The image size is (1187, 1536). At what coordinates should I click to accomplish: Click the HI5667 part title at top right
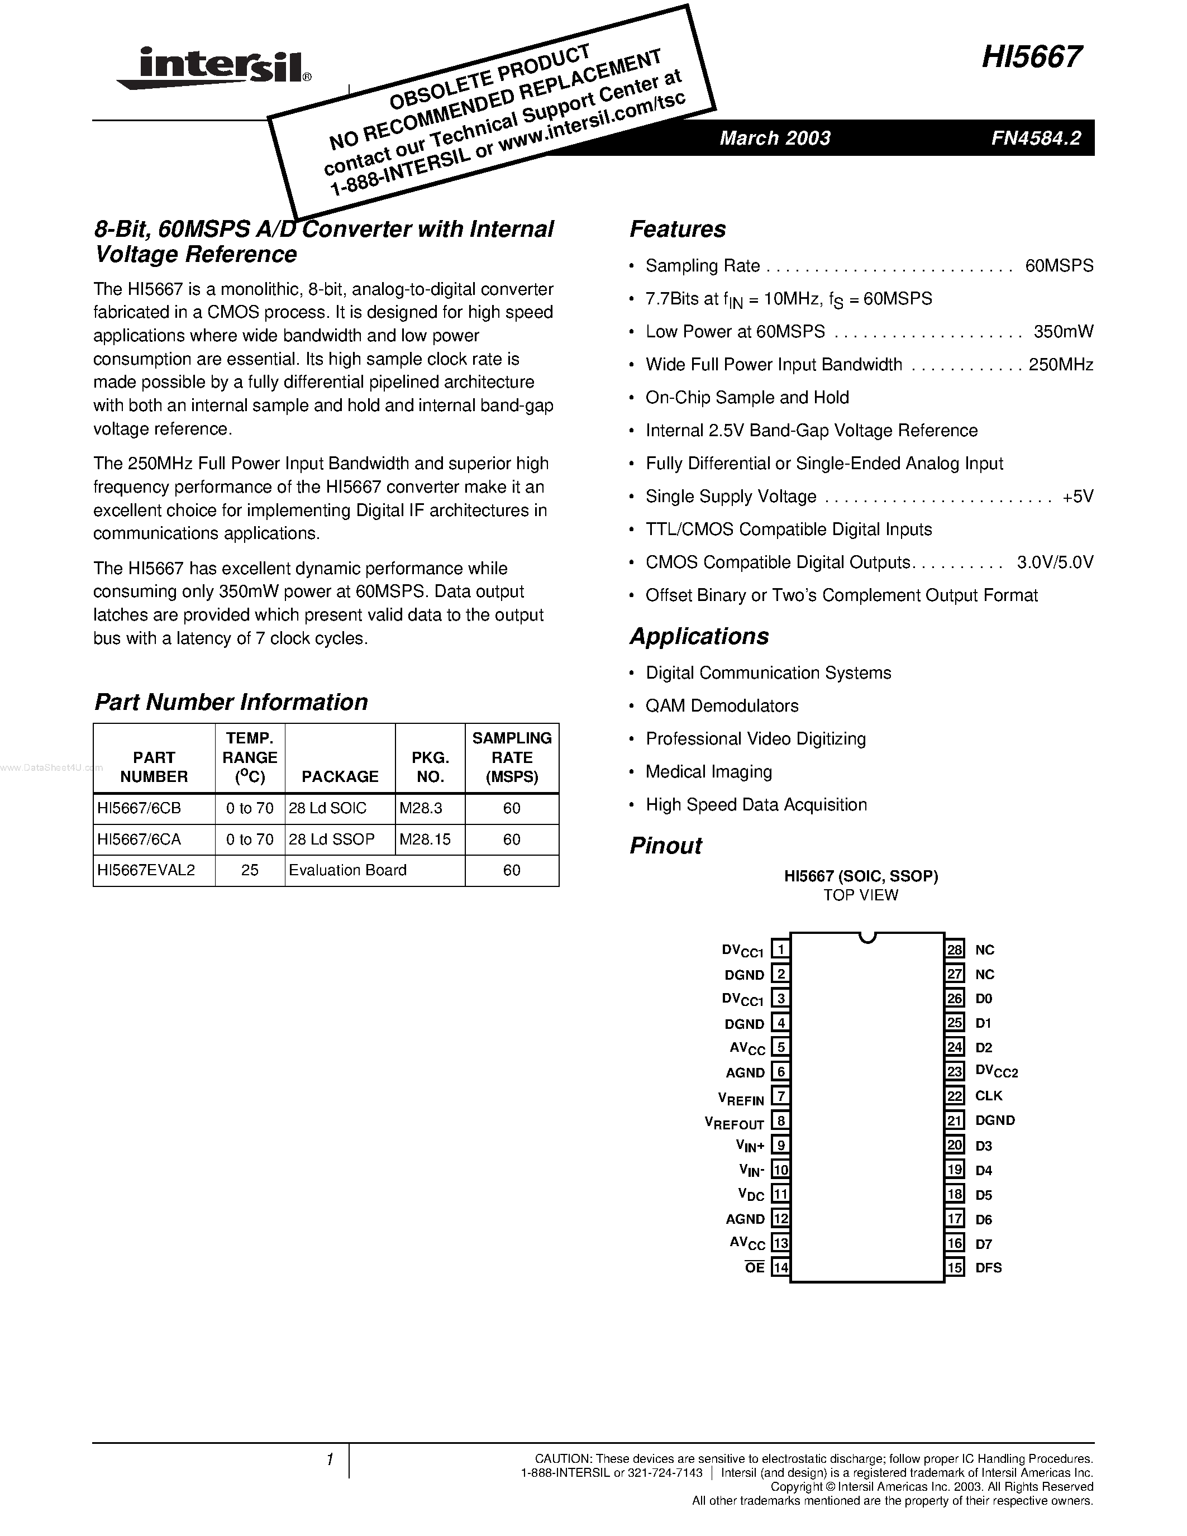pos(1032,57)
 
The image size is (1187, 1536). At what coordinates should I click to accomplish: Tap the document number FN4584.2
pos(1036,138)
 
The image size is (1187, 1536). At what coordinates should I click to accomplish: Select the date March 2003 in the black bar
pos(774,138)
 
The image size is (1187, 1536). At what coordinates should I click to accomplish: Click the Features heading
pos(677,229)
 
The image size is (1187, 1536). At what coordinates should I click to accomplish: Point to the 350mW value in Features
pos(1063,331)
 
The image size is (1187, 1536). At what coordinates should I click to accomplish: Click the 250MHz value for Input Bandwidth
pos(1060,364)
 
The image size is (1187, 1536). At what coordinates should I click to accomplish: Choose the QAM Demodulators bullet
pos(722,705)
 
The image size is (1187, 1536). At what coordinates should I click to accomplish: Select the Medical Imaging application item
pos(708,771)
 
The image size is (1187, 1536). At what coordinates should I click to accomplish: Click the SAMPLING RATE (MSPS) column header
pos(511,757)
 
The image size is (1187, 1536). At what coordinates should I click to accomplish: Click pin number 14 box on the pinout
pos(780,1268)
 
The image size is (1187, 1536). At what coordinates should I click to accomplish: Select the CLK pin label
pos(988,1096)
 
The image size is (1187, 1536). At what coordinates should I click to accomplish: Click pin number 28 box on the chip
pos(954,950)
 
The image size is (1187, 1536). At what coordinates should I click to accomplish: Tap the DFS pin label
pos(988,1268)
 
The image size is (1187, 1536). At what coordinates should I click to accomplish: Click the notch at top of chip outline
pos(867,937)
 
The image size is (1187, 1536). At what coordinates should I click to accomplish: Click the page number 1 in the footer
pos(329,1459)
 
